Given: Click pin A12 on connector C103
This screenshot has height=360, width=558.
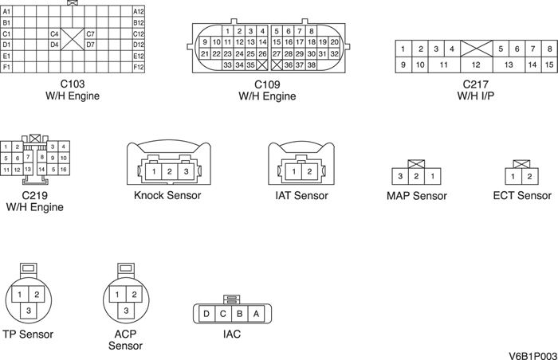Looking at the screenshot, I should click(x=138, y=12).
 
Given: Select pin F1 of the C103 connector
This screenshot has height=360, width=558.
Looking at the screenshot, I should click(x=7, y=67).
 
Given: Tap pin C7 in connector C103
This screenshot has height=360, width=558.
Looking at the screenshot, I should click(x=90, y=34).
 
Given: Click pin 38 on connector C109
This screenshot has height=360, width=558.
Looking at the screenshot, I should click(x=312, y=65).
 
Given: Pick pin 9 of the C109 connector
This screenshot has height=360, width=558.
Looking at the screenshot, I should click(x=205, y=42).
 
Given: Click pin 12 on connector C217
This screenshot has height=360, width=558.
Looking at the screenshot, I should click(x=475, y=65).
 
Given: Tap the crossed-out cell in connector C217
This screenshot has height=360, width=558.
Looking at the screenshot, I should click(x=475, y=49).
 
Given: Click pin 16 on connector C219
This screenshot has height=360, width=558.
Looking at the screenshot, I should click(x=64, y=170).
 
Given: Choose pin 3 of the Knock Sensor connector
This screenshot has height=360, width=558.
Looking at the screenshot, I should click(x=186, y=171).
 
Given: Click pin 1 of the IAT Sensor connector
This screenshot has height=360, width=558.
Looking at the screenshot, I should click(x=293, y=171).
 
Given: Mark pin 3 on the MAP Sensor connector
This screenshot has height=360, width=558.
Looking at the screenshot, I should click(x=399, y=176).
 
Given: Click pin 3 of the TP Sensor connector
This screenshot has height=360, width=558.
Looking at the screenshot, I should click(x=29, y=310).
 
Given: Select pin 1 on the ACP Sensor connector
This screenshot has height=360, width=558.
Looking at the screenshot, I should click(x=118, y=295).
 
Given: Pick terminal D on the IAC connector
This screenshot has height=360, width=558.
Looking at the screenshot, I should click(x=206, y=314).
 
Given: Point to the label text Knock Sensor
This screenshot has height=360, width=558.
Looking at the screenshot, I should click(x=167, y=196).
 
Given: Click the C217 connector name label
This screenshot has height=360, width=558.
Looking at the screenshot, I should click(x=475, y=84).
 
